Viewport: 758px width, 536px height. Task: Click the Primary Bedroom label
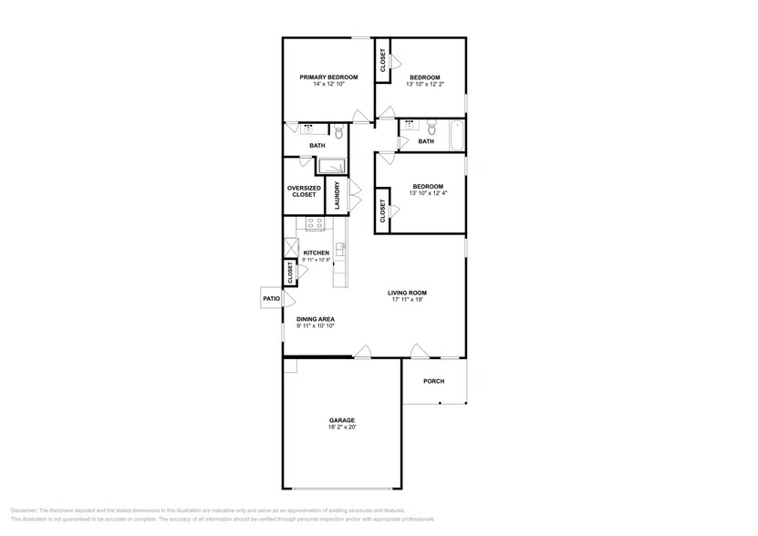(328, 77)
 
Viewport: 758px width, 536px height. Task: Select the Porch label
(434, 381)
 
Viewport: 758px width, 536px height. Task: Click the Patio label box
(271, 298)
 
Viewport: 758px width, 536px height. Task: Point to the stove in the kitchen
(315, 223)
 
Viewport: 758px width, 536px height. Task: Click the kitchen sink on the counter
(338, 246)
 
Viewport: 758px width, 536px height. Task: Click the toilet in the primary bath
(338, 134)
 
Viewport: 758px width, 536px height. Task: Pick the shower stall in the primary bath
(331, 166)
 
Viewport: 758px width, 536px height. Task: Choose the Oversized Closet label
(304, 191)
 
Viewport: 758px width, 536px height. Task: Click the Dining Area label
(316, 319)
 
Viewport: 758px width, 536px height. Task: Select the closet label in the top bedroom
(383, 60)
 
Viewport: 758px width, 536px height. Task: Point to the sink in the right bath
(410, 124)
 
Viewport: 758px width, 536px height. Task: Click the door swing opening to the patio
(290, 298)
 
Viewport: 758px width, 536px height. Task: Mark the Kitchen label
(317, 253)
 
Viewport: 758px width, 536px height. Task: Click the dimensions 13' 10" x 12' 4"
(428, 193)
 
